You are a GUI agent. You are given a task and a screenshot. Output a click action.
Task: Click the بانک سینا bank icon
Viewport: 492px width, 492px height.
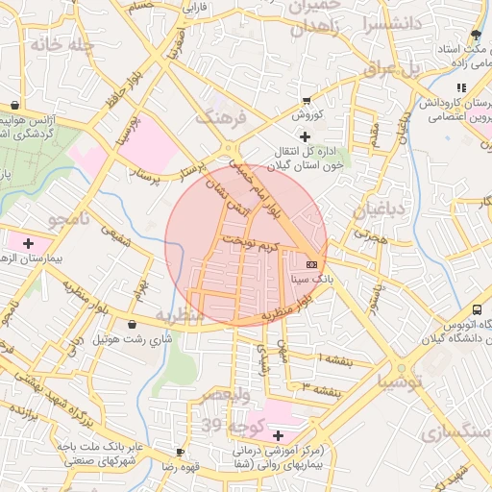(310, 262)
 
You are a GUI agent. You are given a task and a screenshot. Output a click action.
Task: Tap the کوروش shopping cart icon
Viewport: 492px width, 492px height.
(307, 100)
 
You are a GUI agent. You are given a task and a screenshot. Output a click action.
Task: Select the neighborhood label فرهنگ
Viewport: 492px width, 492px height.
(221, 117)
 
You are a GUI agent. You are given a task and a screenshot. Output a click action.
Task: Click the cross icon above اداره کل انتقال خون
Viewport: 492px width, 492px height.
(305, 138)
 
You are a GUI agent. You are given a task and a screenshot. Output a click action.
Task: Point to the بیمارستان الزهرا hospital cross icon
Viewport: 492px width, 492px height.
(28, 243)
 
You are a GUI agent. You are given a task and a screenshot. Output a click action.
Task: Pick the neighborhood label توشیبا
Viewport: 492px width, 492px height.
(400, 381)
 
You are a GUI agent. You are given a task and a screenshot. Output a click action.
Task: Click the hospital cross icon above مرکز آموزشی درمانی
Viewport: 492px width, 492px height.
(279, 436)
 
